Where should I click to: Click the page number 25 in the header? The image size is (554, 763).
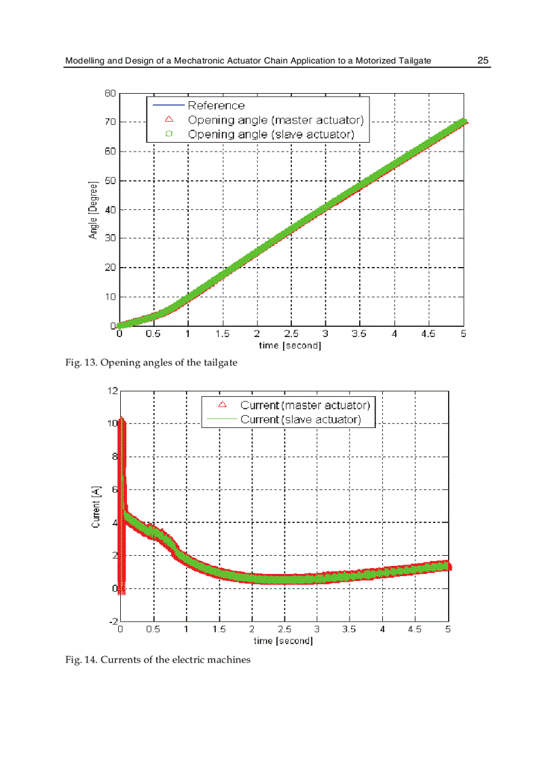[483, 60]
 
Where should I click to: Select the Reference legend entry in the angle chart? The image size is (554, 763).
[216, 105]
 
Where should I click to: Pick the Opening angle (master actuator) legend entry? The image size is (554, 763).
[276, 120]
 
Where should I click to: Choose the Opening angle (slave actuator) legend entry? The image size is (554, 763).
[271, 135]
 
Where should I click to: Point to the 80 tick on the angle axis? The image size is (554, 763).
[110, 93]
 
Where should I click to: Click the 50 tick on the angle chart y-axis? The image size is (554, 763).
[110, 180]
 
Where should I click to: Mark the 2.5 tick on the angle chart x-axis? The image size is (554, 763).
[291, 334]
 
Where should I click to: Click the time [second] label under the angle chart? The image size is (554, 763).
[290, 346]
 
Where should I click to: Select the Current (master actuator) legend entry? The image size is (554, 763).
[305, 406]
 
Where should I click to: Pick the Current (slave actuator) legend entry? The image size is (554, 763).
[300, 420]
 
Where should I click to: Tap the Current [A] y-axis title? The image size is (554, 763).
[96, 506]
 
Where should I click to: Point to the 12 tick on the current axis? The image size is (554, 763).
[113, 391]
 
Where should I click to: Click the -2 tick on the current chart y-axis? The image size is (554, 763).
[113, 622]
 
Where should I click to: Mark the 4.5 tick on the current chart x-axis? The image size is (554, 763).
[414, 630]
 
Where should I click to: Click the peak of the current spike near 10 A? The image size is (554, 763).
[122, 420]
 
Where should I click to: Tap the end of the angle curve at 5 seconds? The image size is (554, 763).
[464, 122]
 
